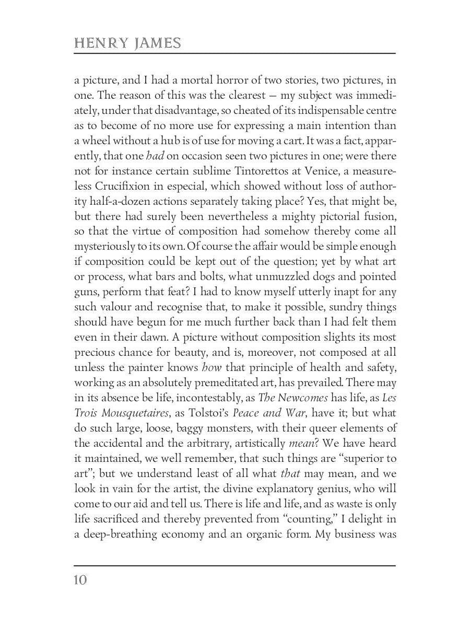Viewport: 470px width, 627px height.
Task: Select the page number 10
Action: point(80,580)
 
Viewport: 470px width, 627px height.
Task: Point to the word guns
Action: point(84,292)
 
